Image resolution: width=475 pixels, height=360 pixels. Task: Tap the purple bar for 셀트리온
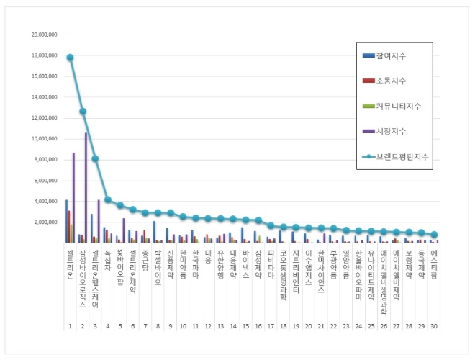point(73,198)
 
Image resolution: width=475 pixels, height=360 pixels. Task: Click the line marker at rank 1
point(70,58)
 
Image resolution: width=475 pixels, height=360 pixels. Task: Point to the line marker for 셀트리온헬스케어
point(95,158)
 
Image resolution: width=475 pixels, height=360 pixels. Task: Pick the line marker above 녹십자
point(108,199)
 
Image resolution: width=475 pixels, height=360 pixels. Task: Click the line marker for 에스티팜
point(434,235)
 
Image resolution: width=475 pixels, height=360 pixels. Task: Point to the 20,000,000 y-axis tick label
point(44,35)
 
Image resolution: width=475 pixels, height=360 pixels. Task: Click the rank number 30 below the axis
point(434,326)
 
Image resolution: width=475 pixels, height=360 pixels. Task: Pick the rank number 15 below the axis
point(245,326)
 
